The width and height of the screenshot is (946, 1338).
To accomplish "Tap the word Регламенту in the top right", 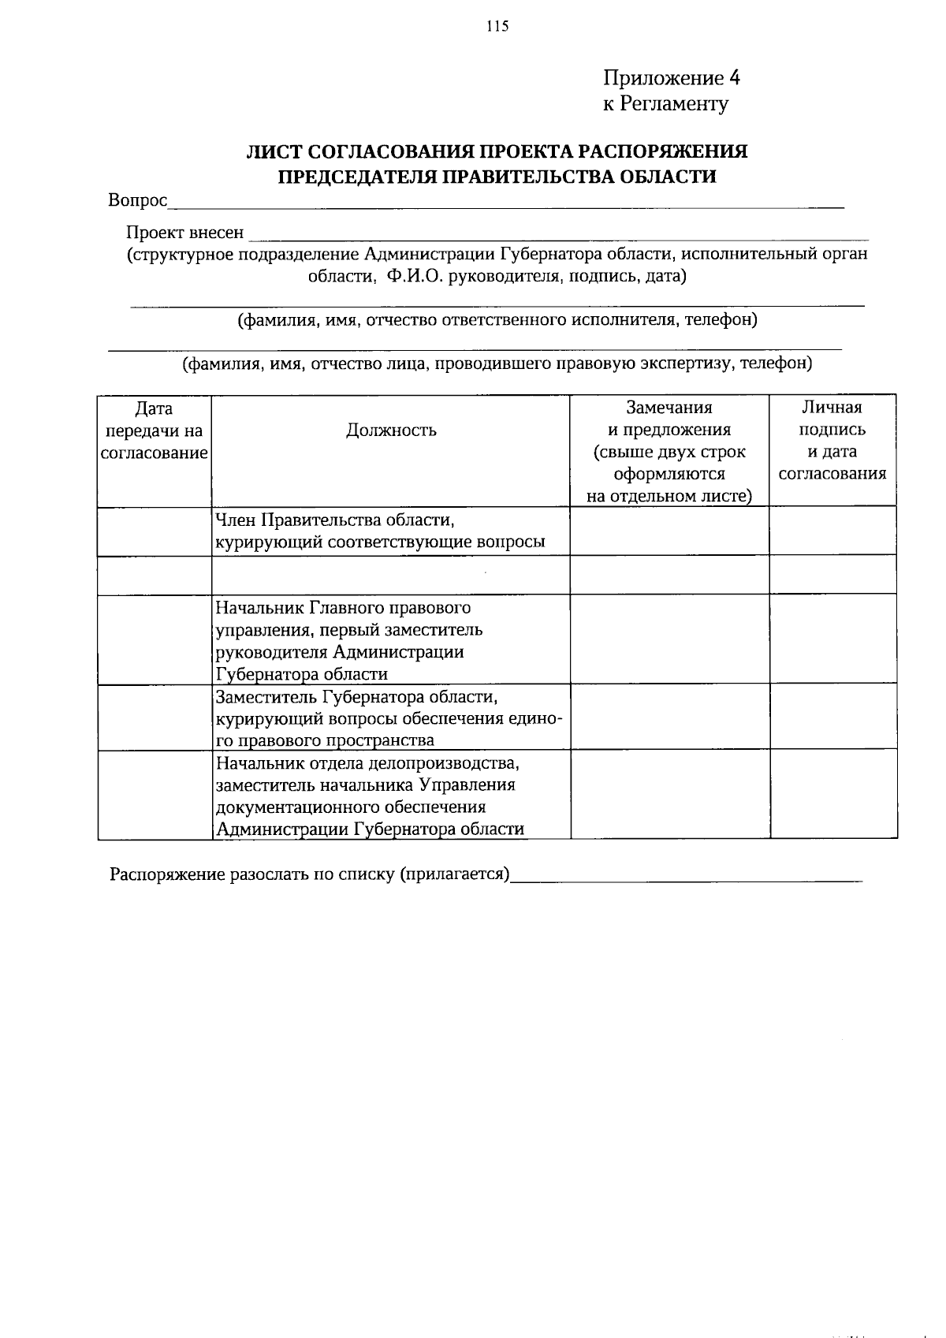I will tap(674, 104).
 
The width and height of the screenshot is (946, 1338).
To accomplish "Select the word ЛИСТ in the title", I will tap(273, 151).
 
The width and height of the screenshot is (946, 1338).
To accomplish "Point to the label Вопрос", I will tap(138, 201).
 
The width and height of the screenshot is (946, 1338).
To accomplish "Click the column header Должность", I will tap(391, 430).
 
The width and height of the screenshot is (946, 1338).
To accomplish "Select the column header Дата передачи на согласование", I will tap(155, 430).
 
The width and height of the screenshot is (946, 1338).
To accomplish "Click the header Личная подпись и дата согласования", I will tap(832, 440).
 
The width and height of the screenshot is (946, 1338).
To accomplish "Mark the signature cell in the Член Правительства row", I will tap(832, 531).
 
